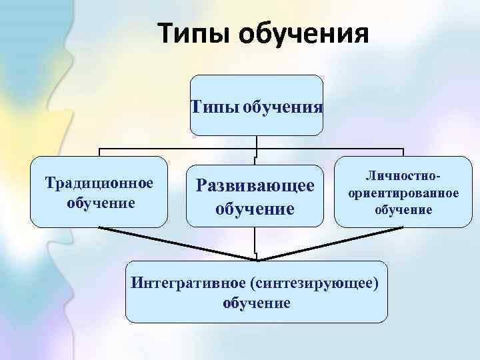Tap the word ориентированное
click(x=403, y=193)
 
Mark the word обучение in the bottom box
click(x=257, y=303)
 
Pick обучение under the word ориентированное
click(x=403, y=209)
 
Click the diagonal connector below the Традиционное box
click(x=177, y=243)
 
